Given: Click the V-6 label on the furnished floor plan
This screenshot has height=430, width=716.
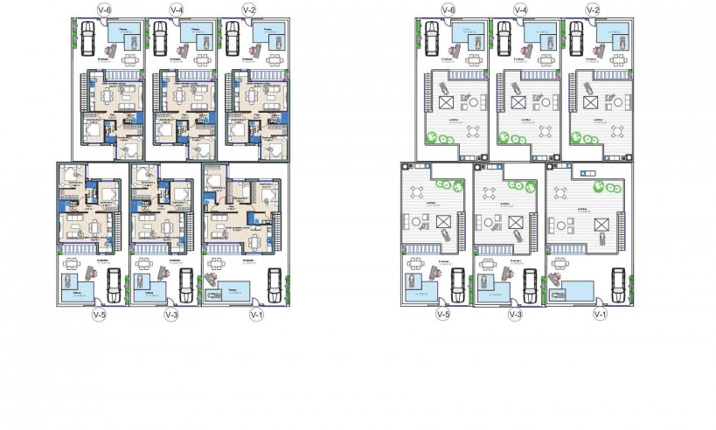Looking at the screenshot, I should [x=104, y=10].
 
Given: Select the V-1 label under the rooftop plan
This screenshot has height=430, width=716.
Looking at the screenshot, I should [x=599, y=315].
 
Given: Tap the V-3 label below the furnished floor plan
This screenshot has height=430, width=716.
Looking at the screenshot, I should [x=171, y=315].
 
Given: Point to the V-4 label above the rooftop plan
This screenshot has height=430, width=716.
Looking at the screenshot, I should [x=520, y=10].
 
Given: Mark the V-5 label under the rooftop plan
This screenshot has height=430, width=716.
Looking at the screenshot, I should [x=443, y=315].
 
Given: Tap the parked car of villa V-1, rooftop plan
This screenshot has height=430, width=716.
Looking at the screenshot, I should [x=615, y=281].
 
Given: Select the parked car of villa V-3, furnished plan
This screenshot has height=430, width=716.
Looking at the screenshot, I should [x=185, y=281].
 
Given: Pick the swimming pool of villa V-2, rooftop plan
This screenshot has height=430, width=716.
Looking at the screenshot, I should [x=610, y=36].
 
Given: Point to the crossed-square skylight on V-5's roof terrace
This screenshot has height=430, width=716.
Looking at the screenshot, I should [x=418, y=219].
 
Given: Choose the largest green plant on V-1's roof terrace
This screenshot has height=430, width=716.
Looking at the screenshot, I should [x=600, y=188].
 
